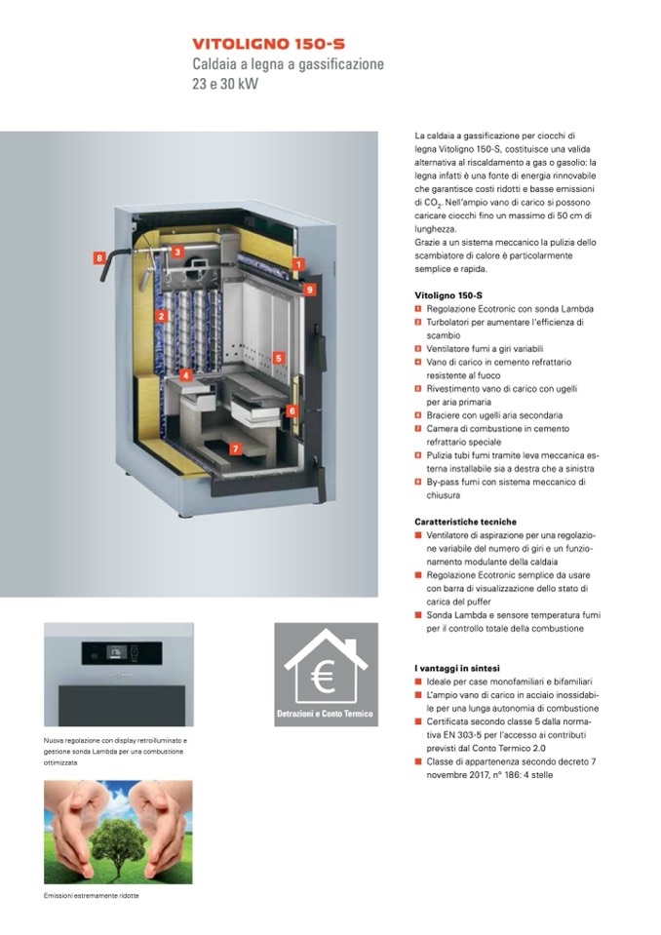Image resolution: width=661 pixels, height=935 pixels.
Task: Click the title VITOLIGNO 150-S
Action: coord(268,44)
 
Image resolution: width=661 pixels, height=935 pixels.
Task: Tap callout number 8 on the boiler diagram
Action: coord(99,258)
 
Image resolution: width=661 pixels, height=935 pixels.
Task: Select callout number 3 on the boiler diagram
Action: coord(177,252)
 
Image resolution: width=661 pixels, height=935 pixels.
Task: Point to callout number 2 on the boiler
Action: coord(161,316)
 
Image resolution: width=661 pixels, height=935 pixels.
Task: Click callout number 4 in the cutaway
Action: coord(186,375)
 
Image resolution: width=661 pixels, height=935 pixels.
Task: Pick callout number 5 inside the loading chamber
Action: coord(279,358)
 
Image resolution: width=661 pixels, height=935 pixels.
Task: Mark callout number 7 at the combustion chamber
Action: coord(236,448)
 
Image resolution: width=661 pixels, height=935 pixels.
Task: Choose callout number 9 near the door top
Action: coord(309,290)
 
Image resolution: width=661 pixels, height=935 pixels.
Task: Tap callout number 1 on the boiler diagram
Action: coord(298,264)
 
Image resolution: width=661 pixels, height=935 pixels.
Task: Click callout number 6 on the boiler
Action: coord(292,410)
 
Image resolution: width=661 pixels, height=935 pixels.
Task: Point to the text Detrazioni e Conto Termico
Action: coord(325,713)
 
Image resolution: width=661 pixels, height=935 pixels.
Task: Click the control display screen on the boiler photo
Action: coord(116,652)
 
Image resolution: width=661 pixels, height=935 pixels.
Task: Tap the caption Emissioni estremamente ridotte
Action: coord(92,896)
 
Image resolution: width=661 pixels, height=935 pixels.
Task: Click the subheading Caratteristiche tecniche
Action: coord(465,522)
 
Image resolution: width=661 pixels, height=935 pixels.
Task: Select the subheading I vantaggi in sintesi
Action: coord(457,669)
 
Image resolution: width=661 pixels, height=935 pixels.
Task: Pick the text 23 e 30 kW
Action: coord(225,84)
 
